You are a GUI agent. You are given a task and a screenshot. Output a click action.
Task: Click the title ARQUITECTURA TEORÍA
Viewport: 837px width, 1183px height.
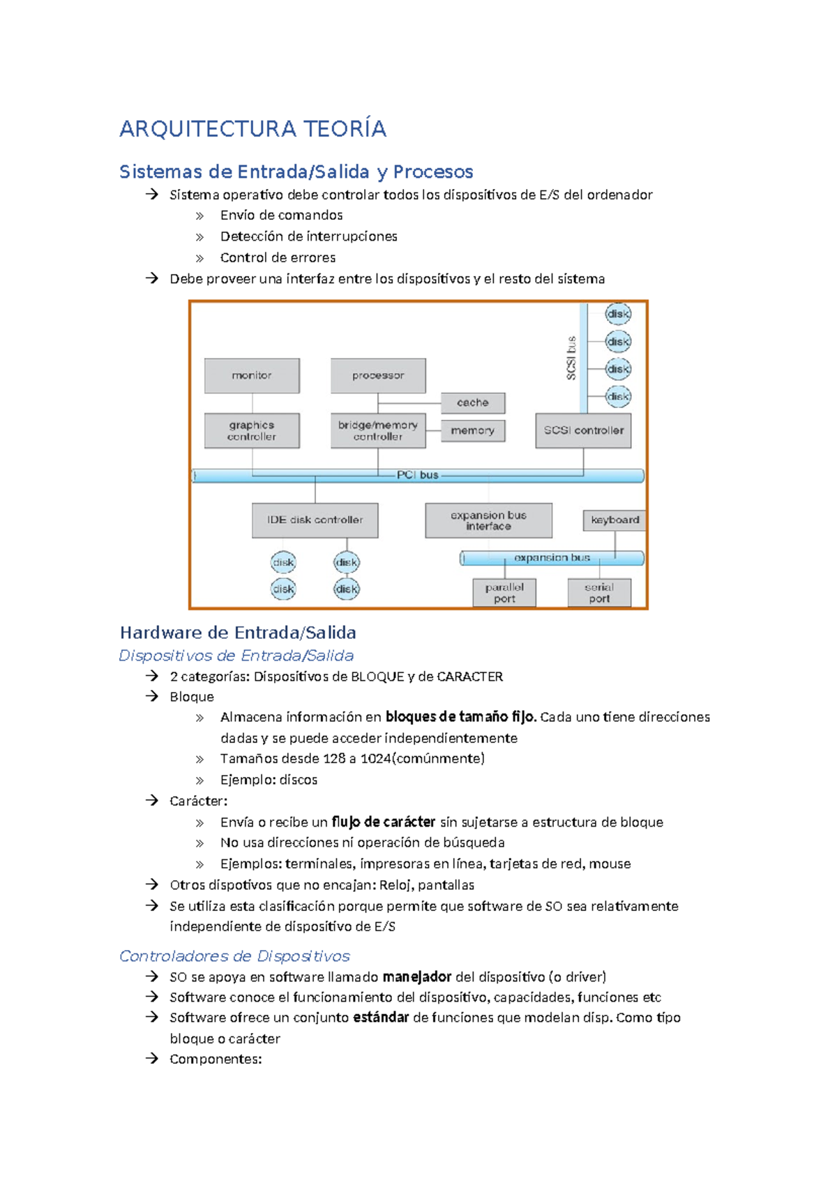coord(252,129)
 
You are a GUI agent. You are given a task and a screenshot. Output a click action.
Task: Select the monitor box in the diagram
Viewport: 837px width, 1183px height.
coord(252,376)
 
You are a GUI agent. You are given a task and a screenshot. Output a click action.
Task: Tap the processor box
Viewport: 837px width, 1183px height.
coord(378,376)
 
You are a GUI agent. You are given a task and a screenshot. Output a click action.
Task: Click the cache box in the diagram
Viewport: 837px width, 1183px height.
coord(473,402)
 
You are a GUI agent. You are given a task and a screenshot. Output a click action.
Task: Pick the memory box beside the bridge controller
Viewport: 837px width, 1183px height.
coord(473,430)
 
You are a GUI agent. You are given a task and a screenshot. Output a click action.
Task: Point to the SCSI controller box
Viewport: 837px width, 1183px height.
coord(583,430)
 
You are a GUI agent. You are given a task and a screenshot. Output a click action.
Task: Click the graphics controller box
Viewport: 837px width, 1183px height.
coord(252,430)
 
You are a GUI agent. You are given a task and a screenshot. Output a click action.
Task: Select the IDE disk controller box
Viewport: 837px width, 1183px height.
coord(315,520)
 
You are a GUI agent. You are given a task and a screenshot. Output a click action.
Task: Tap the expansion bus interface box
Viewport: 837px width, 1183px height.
coord(488,520)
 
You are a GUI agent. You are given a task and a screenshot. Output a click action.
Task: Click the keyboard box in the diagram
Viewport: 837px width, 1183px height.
coord(614,520)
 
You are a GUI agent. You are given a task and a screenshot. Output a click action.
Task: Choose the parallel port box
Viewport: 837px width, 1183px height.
coord(504,593)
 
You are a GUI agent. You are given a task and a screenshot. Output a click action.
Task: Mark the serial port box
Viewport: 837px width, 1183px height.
coord(599,593)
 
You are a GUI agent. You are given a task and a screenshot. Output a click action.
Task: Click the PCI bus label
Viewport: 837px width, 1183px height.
coord(417,475)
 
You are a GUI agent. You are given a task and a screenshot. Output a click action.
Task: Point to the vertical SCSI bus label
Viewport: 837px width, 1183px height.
coord(571,359)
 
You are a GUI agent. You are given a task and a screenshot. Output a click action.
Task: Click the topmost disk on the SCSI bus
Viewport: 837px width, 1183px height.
coord(618,314)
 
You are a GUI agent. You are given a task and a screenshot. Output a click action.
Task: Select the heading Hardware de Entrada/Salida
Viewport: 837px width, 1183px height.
coord(238,633)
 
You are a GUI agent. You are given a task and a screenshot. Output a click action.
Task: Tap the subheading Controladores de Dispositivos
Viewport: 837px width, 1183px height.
coord(234,956)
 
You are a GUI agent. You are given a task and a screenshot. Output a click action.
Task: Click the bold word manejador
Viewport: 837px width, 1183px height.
coord(417,977)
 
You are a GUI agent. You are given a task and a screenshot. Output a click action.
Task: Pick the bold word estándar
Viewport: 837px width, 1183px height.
coord(380,1018)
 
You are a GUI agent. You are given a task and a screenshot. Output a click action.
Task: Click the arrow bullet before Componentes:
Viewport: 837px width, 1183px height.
coord(152,1059)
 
